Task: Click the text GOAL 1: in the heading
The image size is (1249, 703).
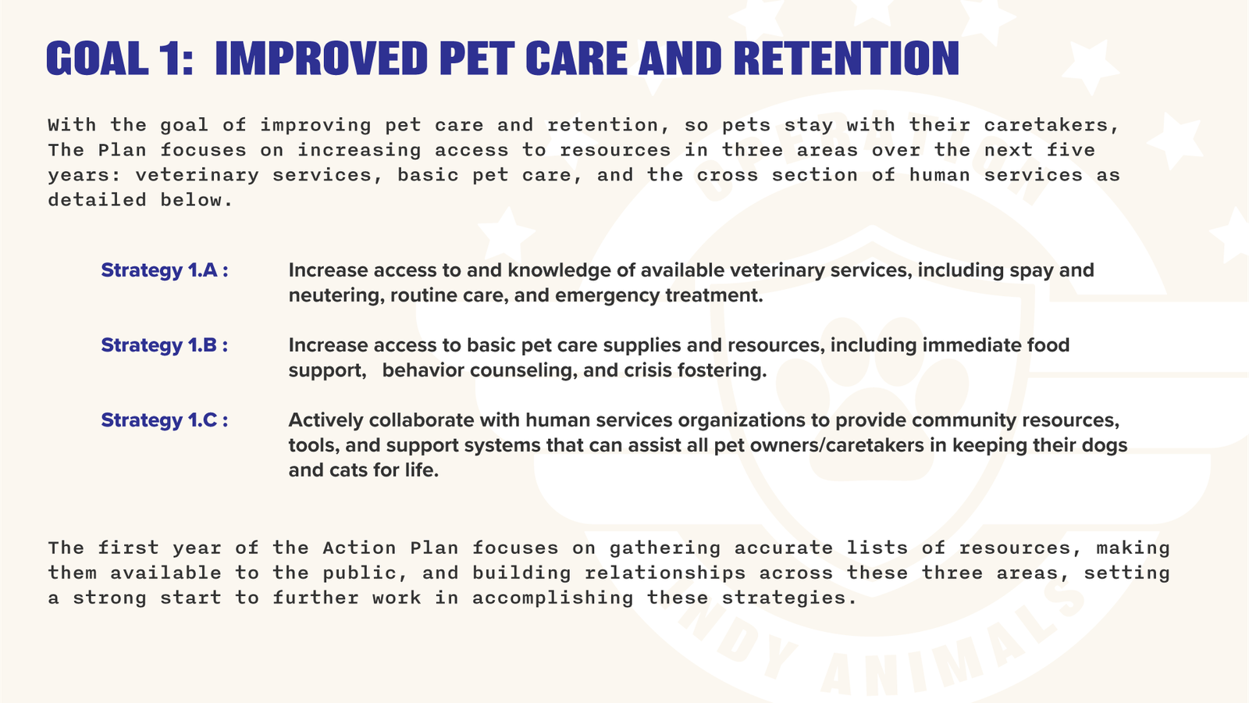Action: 119,59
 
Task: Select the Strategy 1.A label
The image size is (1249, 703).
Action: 164,270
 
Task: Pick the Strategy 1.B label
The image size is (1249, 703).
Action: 164,345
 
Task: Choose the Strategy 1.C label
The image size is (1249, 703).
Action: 164,420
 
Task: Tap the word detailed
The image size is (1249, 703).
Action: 97,200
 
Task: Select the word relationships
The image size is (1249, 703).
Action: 665,573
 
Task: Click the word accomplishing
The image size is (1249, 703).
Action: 552,598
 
